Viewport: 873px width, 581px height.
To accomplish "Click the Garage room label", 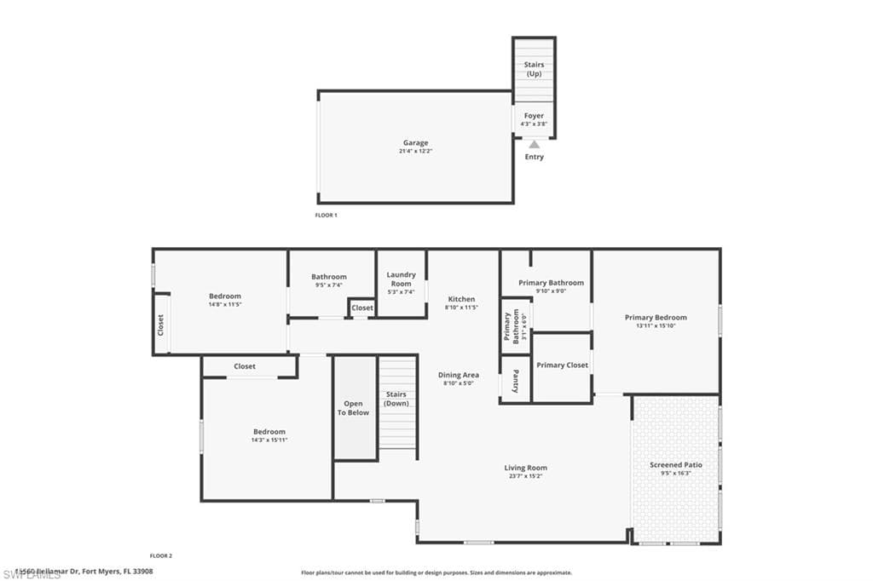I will click(x=416, y=143).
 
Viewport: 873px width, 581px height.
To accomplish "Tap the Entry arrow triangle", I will click(x=534, y=145).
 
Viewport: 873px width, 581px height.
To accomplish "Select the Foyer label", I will click(x=534, y=116).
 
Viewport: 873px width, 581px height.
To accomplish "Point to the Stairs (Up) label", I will click(x=534, y=69).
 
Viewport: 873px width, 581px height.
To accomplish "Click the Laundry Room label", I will click(x=401, y=279).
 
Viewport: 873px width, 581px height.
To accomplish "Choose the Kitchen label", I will click(x=461, y=299).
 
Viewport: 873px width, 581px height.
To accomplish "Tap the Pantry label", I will click(x=516, y=380).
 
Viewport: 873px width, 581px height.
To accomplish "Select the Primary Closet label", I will click(x=562, y=365).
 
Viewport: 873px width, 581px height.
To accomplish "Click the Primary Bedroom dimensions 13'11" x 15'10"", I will click(x=655, y=325).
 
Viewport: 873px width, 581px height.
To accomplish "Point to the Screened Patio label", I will click(x=676, y=465).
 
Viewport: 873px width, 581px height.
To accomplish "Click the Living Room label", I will click(x=525, y=468).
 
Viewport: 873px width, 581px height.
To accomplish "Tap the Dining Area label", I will click(x=459, y=375).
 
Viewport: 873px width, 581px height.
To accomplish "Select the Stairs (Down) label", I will click(x=396, y=399).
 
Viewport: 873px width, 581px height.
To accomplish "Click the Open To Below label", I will click(x=354, y=408).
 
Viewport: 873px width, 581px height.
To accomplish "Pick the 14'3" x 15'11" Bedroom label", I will click(x=269, y=432).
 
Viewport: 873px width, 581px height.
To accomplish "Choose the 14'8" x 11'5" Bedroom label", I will click(x=225, y=296).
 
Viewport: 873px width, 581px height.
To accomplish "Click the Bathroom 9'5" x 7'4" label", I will click(x=329, y=277).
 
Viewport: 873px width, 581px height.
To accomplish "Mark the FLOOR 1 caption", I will click(x=327, y=216).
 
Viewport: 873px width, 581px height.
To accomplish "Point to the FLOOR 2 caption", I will click(x=161, y=555).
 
